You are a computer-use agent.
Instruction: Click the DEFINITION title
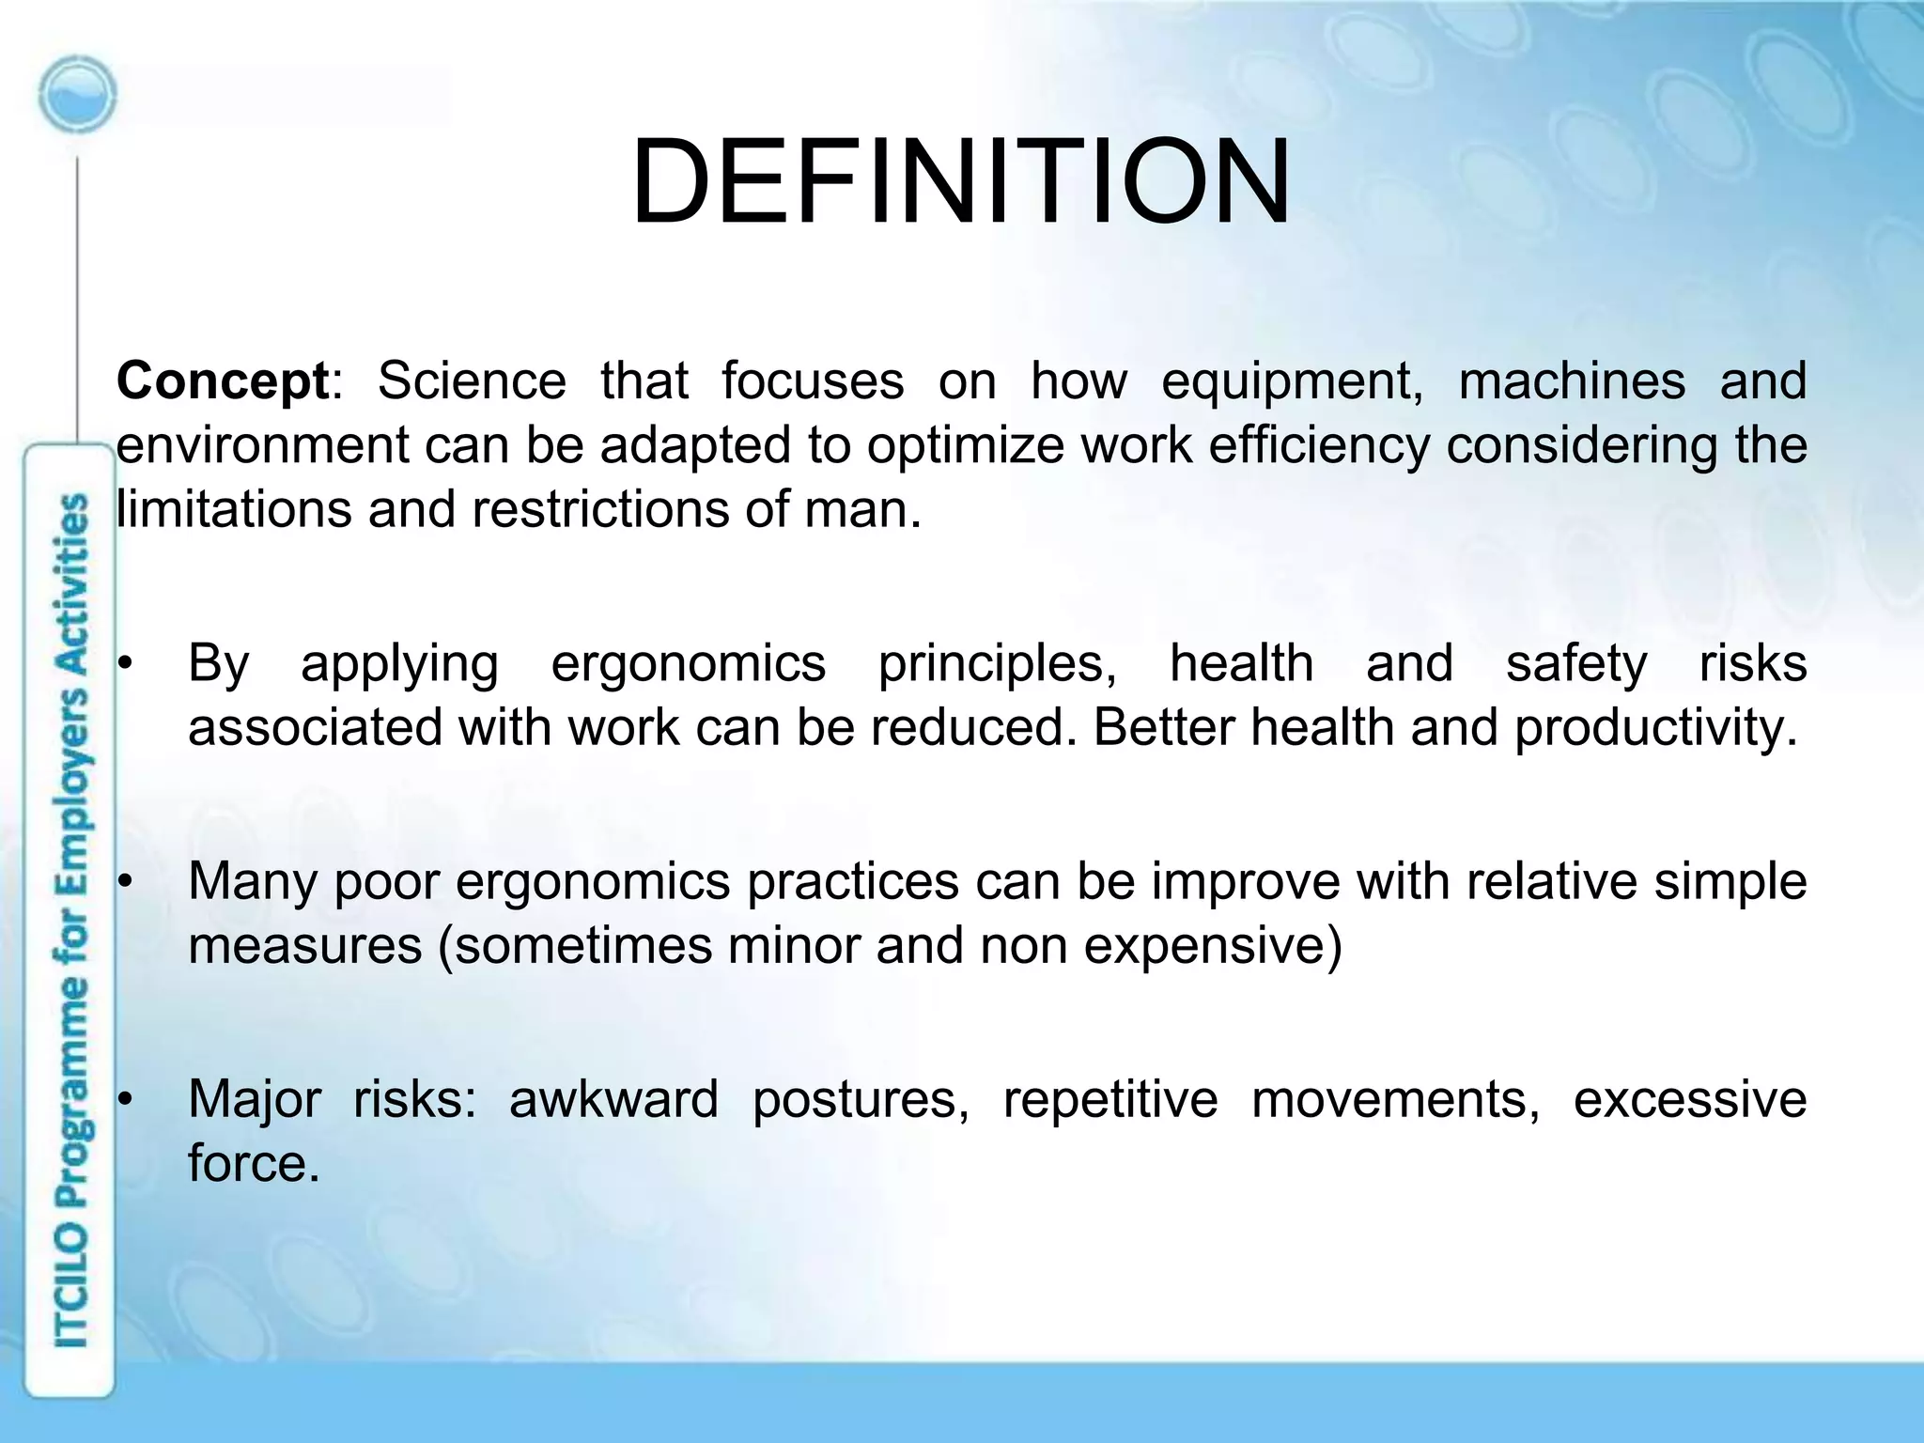960,182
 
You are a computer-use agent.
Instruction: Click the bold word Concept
222,382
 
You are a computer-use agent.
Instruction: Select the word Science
472,382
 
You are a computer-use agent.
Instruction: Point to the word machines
1571,382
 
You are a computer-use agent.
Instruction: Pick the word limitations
233,510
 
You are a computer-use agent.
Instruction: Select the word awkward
613,1101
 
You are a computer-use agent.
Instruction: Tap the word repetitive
1109,1101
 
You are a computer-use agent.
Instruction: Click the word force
252,1165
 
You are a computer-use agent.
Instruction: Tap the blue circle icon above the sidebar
77,95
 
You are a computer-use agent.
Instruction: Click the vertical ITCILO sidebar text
71,921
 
